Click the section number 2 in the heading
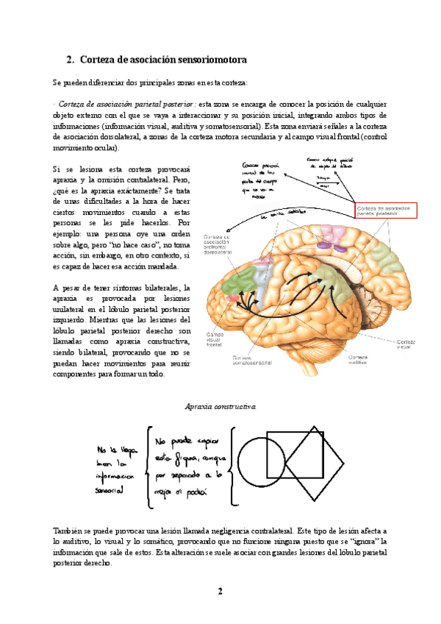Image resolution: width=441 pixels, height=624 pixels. pyautogui.click(x=69, y=59)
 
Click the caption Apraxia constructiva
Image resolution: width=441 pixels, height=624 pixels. pyautogui.click(x=220, y=405)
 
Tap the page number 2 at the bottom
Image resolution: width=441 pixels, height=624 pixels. pyautogui.click(x=220, y=592)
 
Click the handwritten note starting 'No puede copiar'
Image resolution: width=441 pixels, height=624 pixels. pyautogui.click(x=188, y=463)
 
